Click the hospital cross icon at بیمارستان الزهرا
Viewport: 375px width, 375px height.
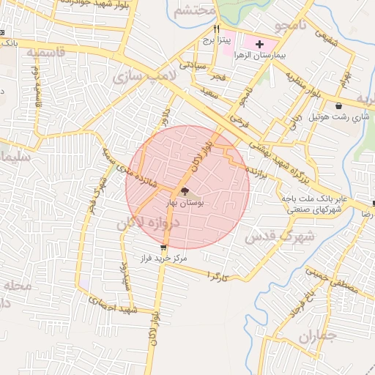259,45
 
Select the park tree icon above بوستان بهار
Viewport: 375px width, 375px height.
184,190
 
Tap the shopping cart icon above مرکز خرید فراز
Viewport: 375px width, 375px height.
153,248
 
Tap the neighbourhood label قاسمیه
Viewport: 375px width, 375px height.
45,53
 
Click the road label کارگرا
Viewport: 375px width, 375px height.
218,276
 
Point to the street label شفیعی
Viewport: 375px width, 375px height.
325,33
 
